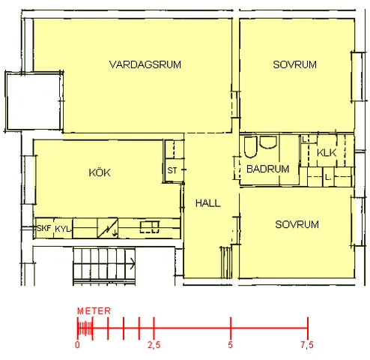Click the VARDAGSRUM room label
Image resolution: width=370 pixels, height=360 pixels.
point(145,64)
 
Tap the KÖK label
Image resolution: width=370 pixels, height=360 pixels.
point(100,172)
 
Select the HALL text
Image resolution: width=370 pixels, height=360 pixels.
point(208,203)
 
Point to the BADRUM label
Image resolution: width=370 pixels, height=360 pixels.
point(267,169)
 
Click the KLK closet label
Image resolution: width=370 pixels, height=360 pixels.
point(327,152)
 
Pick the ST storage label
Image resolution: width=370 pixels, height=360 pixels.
point(172,170)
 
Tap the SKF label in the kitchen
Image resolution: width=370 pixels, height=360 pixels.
point(43,228)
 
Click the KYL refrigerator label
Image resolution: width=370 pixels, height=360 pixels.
point(63,229)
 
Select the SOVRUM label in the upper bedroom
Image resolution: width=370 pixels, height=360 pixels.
point(294,64)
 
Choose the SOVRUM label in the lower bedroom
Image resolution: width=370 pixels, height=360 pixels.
point(297,224)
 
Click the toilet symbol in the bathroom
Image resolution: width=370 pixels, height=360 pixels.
point(250,147)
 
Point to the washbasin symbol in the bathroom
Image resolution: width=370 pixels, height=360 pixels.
point(268,142)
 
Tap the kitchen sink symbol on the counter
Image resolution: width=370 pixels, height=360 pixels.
point(150,227)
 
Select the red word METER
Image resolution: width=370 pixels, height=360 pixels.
point(94,311)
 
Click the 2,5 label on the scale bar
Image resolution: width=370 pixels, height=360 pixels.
point(154,345)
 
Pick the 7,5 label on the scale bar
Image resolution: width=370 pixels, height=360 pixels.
point(307,345)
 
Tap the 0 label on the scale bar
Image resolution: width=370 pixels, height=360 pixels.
point(77,345)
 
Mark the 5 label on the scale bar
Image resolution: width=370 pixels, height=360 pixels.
point(230,345)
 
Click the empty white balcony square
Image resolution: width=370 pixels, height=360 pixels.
point(33,101)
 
